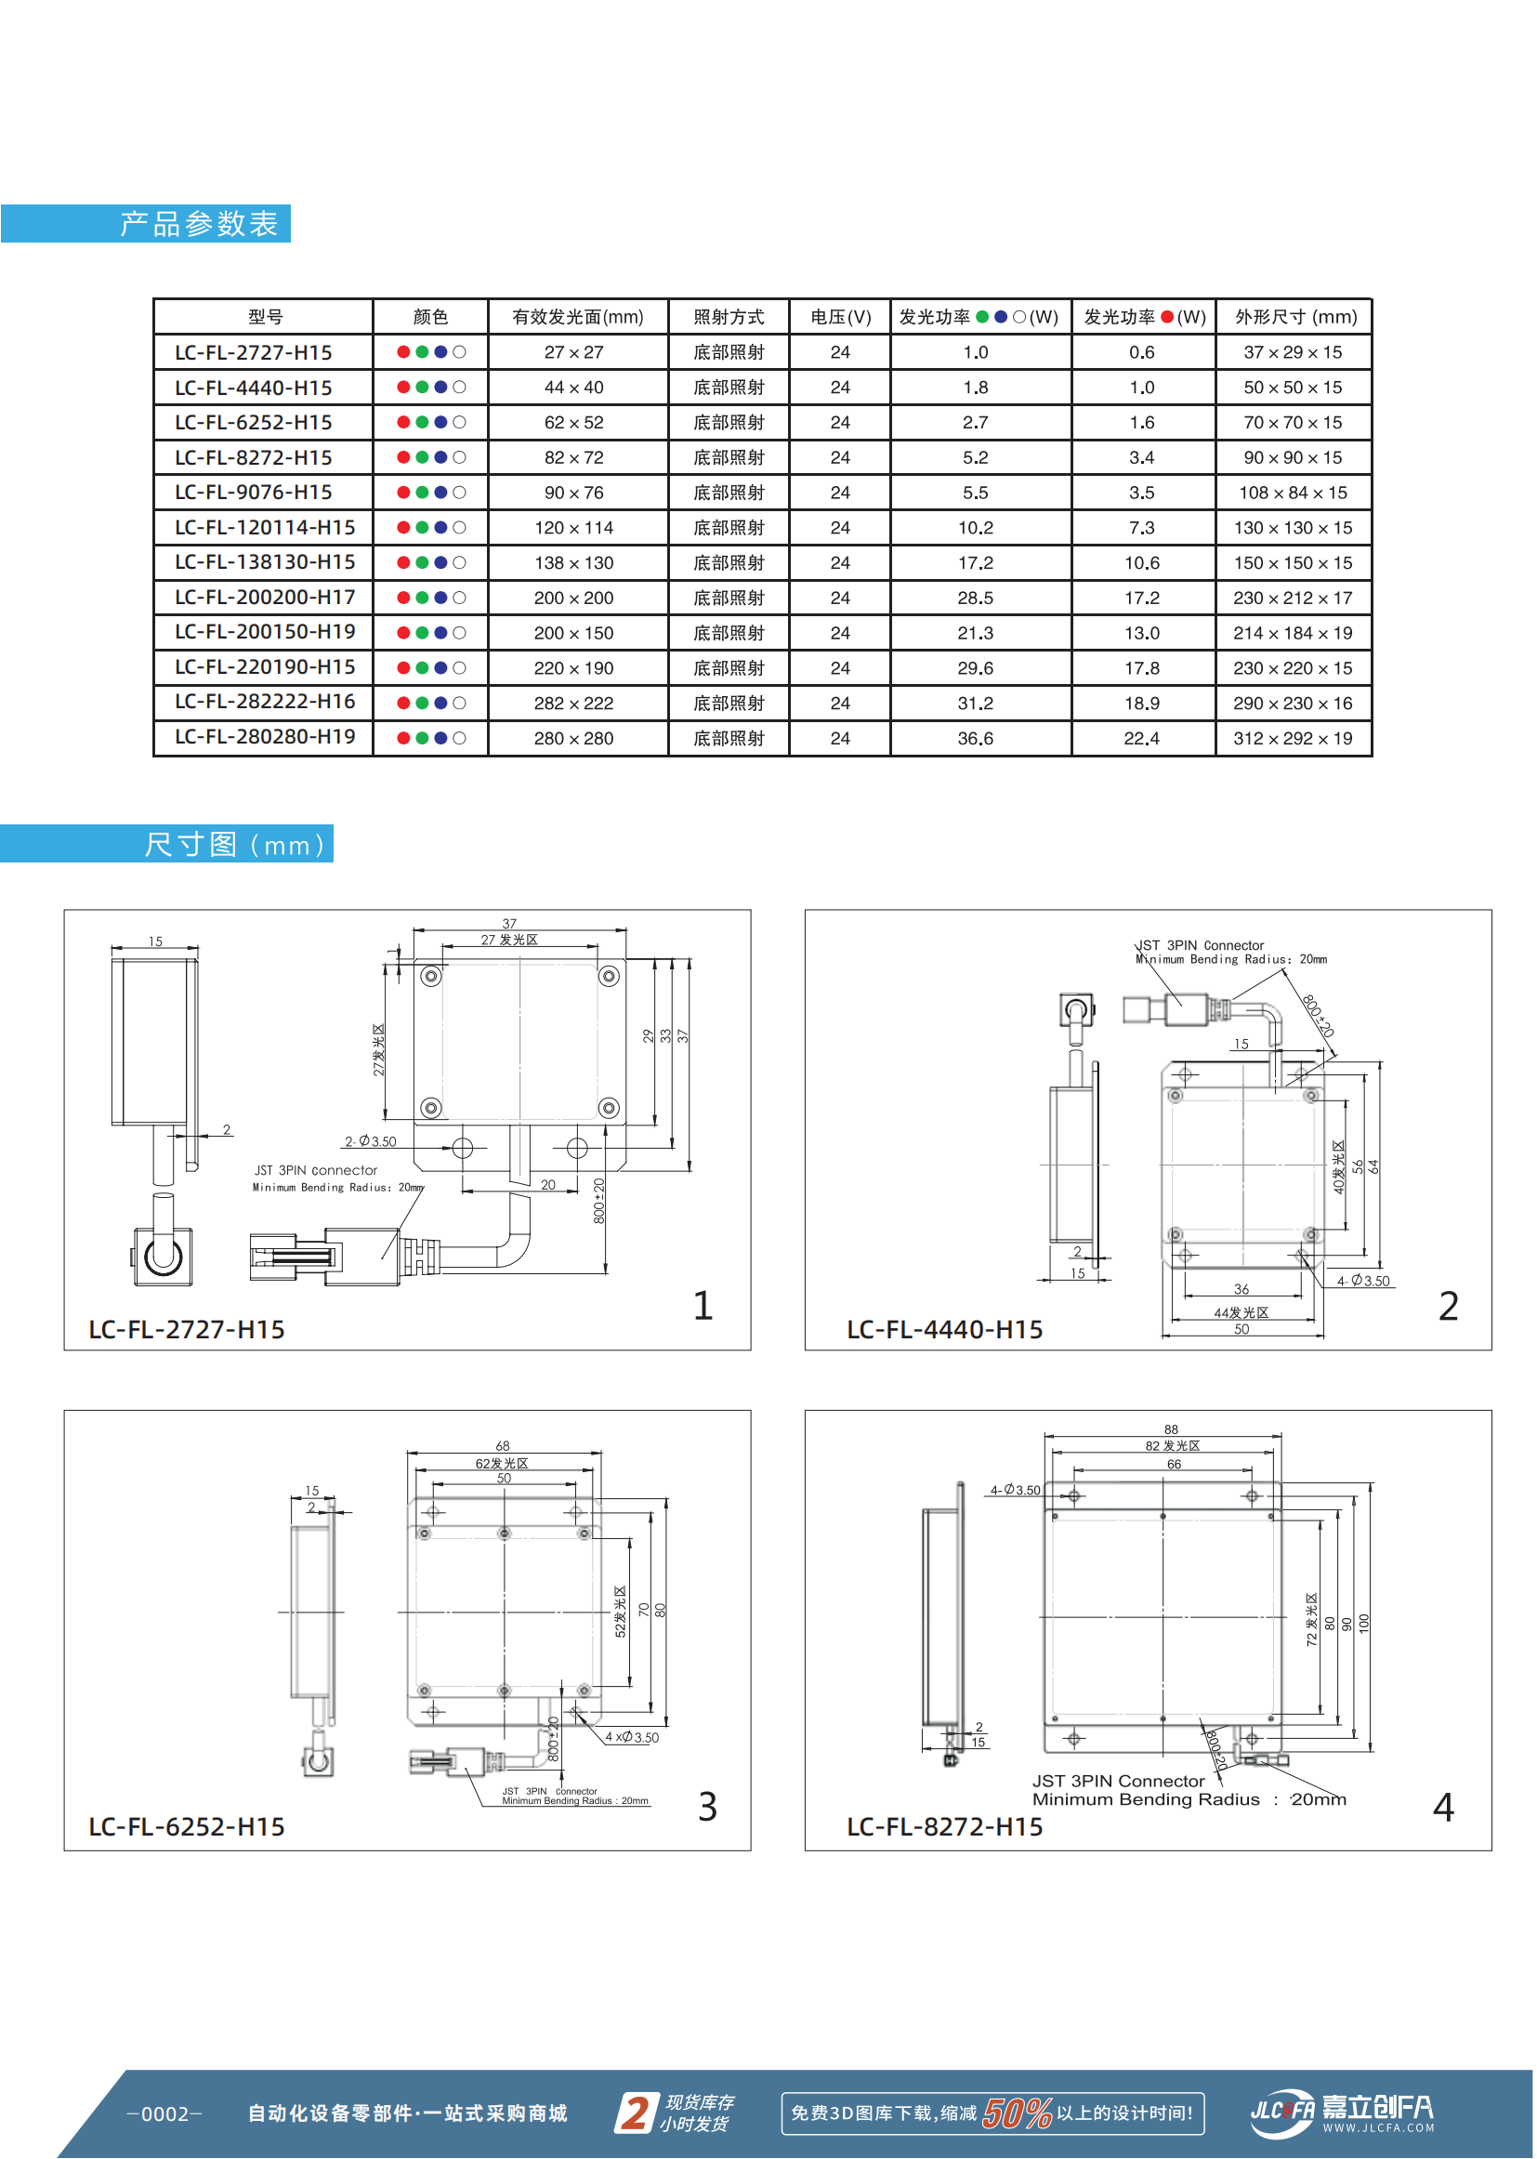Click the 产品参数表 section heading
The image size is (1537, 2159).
click(198, 224)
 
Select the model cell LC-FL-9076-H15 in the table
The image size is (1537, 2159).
click(254, 493)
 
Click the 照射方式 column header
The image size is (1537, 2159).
click(728, 317)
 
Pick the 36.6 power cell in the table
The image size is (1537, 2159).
click(975, 738)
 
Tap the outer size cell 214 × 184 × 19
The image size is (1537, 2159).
click(1292, 633)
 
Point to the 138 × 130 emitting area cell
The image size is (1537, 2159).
click(573, 563)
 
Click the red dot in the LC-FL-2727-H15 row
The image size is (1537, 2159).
click(404, 352)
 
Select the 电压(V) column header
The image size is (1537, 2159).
click(839, 317)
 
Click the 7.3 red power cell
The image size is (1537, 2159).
click(1141, 528)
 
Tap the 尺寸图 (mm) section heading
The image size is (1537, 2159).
click(236, 844)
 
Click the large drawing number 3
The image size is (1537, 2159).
click(707, 1807)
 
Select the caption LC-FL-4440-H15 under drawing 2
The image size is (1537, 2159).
click(943, 1330)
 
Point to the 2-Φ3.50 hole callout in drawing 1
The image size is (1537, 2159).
click(370, 1141)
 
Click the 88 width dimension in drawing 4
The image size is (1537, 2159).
click(1171, 1429)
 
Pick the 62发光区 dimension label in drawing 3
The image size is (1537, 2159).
click(502, 1463)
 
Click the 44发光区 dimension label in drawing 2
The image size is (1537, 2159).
click(1241, 1313)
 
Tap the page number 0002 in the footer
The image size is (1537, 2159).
click(164, 2114)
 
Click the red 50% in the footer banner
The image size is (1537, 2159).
click(1017, 2113)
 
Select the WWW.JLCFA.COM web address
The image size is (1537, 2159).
click(1378, 2127)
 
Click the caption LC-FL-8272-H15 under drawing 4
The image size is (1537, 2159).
click(943, 1827)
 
